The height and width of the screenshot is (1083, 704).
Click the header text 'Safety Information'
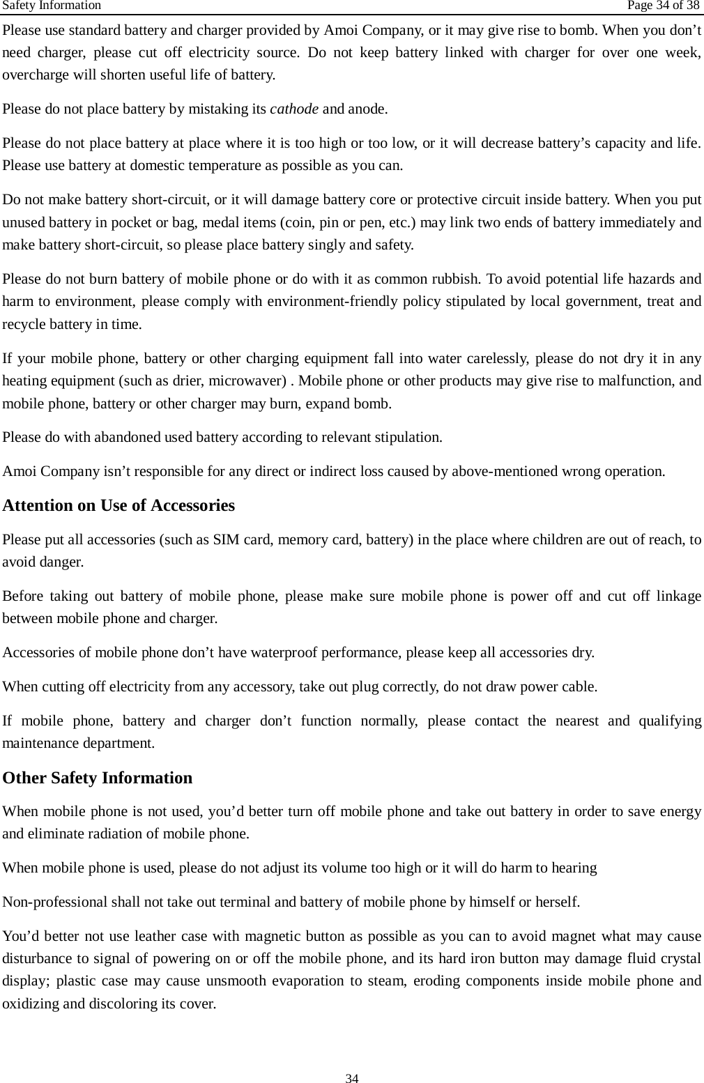point(52,6)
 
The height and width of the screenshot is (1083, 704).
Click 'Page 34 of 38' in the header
point(662,6)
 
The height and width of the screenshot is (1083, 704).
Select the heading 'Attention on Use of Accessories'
point(118,505)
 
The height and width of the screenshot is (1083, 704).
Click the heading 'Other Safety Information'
point(98,778)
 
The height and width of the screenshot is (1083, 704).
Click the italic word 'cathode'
point(294,109)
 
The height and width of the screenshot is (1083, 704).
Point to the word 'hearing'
point(574,868)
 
